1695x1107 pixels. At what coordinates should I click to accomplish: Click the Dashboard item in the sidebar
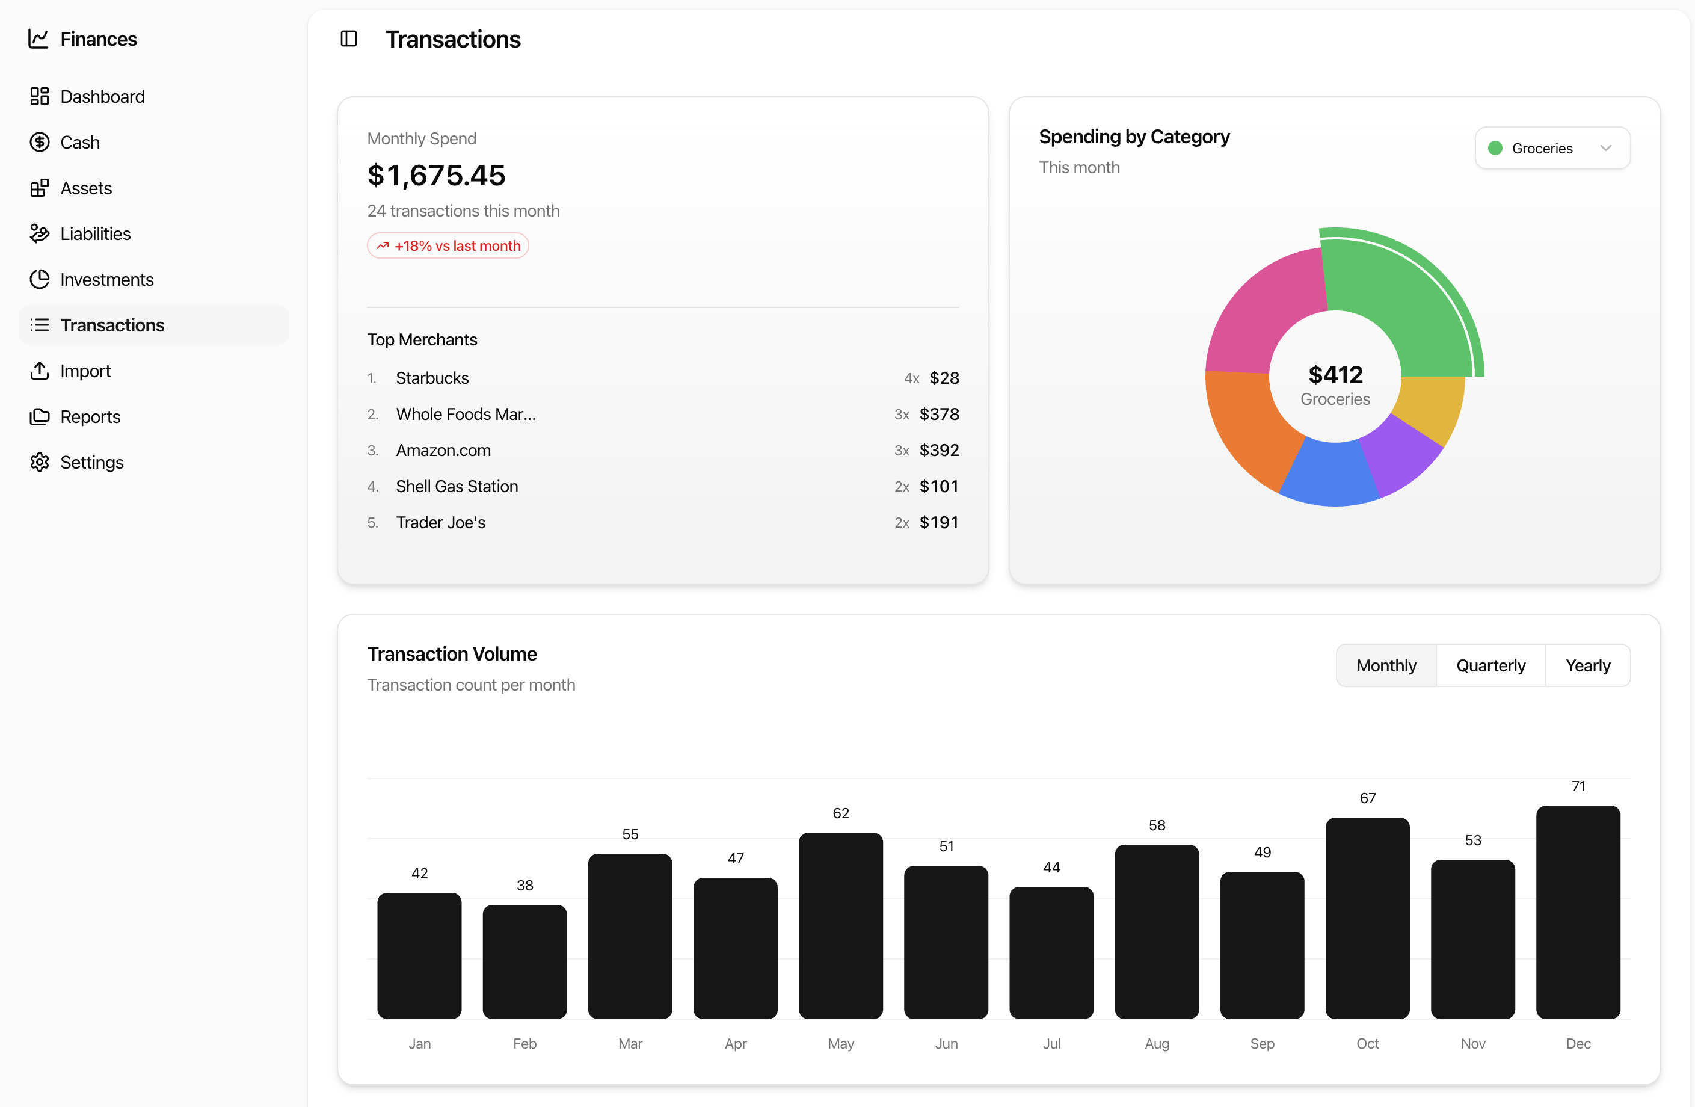[102, 96]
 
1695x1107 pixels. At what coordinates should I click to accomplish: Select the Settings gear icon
[39, 462]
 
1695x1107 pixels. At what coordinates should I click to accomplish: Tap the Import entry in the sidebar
[85, 371]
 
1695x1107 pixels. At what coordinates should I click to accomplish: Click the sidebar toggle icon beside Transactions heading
[348, 39]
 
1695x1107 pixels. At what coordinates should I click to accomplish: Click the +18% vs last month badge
[448, 245]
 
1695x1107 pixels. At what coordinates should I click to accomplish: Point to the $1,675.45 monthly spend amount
[436, 175]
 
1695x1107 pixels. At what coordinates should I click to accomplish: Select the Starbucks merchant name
[432, 378]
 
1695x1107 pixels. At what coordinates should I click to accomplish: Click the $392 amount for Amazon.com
[939, 450]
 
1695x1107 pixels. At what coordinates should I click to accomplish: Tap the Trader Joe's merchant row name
[440, 522]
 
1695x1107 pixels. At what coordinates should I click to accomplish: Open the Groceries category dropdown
[1552, 148]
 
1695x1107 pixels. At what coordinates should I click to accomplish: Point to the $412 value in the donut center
[1335, 375]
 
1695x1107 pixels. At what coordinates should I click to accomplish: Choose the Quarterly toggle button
[1490, 665]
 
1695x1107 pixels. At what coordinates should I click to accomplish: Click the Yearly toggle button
[1587, 665]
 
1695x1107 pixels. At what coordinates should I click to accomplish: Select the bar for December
[1578, 912]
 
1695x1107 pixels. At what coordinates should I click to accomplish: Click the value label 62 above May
[840, 813]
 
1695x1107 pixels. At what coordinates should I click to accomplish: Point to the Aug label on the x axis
[1157, 1044]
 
